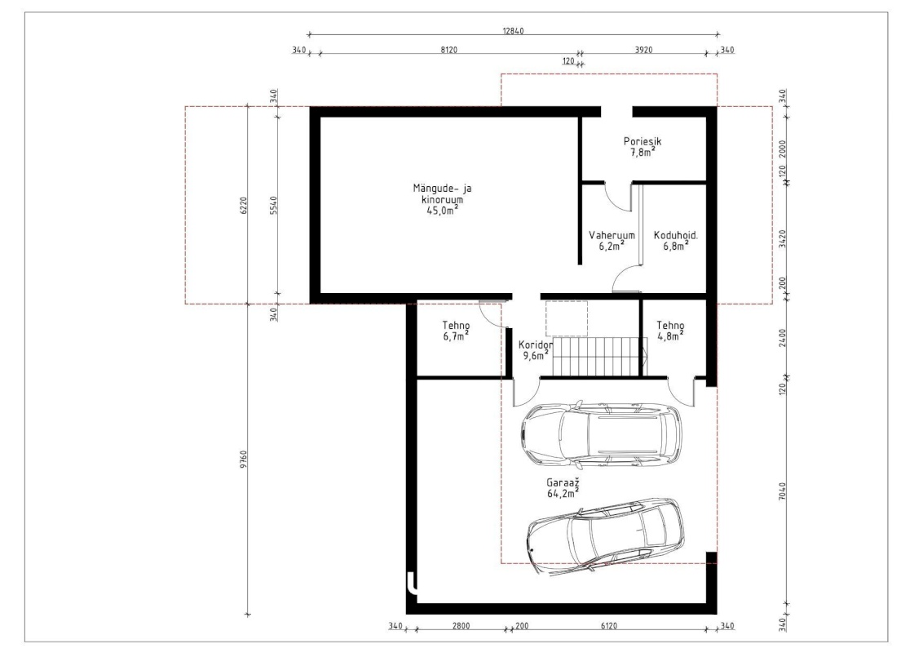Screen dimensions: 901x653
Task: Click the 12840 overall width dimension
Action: (x=513, y=31)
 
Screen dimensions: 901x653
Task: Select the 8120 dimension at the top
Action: (x=448, y=50)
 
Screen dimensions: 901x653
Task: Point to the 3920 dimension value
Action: (x=643, y=50)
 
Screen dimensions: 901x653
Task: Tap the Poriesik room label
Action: (x=643, y=141)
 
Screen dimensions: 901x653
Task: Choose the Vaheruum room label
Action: (x=612, y=235)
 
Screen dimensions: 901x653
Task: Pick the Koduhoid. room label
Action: (x=676, y=235)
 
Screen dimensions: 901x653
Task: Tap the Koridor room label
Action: (x=535, y=344)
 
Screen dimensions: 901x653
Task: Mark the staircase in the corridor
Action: (x=599, y=356)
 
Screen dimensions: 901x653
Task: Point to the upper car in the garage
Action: (x=601, y=433)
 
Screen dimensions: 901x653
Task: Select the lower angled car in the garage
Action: (x=606, y=535)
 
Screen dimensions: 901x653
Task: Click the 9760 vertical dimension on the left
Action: (x=244, y=459)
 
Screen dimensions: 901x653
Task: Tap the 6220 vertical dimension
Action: (x=244, y=206)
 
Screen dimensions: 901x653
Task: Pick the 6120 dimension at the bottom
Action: (x=608, y=626)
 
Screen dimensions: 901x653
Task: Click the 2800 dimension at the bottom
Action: (x=461, y=626)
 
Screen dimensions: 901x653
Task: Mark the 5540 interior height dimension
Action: (x=273, y=206)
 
